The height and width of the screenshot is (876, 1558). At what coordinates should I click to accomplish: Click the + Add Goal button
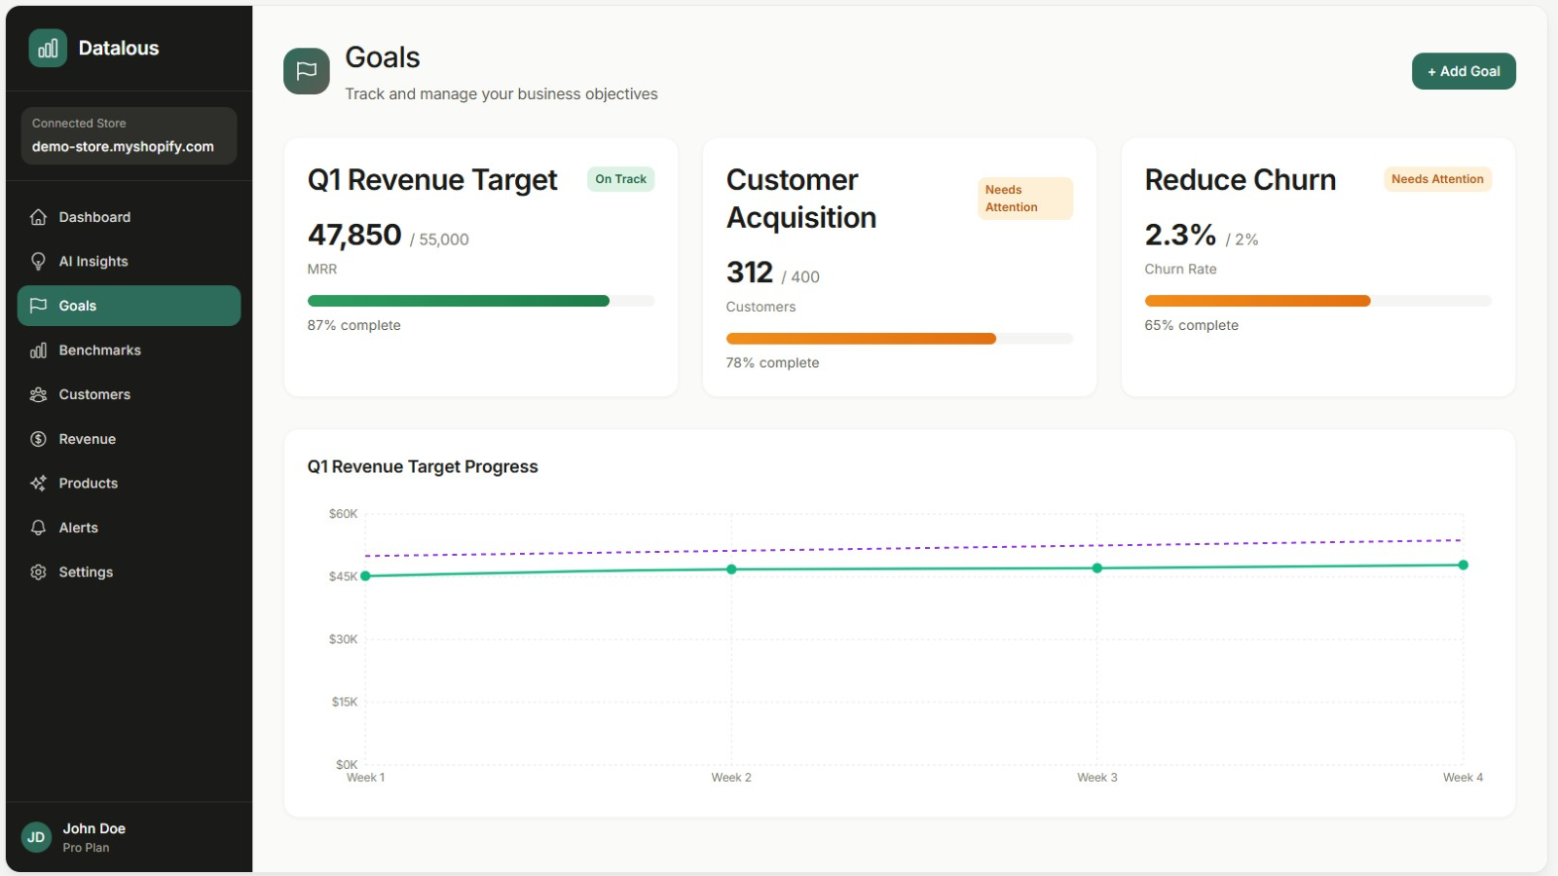pos(1463,71)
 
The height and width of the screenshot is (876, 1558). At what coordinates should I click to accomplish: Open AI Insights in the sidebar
pos(93,261)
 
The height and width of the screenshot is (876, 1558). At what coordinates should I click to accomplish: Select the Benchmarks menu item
pos(99,350)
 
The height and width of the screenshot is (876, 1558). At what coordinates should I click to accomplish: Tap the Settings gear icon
pos(38,572)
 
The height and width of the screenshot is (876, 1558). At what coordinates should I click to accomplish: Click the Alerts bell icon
pos(38,528)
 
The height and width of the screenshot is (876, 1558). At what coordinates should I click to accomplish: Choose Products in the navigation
pos(88,483)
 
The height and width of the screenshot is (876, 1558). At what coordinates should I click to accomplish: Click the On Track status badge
pos(620,179)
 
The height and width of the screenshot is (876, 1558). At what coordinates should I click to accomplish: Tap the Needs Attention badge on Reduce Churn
pos(1436,179)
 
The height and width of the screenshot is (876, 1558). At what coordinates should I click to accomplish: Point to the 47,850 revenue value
pos(354,235)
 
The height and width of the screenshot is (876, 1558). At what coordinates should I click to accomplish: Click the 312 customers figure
pos(749,273)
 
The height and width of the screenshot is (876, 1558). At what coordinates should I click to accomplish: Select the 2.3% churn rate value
pos(1179,235)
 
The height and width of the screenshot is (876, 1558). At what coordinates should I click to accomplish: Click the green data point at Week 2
pos(731,569)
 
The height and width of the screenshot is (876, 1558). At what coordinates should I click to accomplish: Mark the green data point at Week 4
pos(1463,565)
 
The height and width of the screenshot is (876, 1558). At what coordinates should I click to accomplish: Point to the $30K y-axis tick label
pos(343,639)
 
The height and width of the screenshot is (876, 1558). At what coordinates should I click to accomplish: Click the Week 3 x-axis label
pos(1096,778)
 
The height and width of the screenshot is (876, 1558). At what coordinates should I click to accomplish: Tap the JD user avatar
pos(36,837)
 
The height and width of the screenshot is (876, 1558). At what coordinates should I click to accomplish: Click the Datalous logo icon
pos(48,48)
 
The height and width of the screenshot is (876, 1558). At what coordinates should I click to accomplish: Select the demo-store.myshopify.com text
pos(123,147)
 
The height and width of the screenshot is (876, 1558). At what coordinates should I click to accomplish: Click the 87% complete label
pos(353,325)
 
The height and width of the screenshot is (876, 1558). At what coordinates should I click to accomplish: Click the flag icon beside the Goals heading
pos(306,71)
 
